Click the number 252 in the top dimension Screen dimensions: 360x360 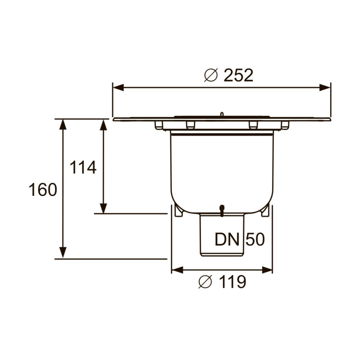[238, 76]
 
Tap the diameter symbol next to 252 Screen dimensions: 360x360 [211, 76]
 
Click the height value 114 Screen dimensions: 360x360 [83, 168]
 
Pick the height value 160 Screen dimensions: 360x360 [43, 190]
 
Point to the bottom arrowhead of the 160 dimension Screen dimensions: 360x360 [63, 253]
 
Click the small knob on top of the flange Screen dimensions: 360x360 [222, 114]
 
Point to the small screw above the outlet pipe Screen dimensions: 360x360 [222, 210]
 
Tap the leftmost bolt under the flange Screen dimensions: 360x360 [158, 125]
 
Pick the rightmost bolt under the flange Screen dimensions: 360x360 [285, 125]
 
